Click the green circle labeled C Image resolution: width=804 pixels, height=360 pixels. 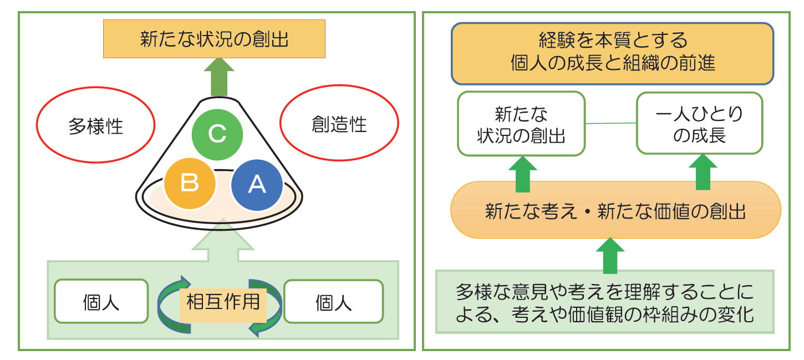(x=217, y=135)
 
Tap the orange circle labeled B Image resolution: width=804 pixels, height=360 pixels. (x=190, y=184)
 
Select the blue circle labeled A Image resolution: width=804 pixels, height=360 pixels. (x=257, y=185)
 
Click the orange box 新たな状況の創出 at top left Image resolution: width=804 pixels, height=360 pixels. (x=214, y=39)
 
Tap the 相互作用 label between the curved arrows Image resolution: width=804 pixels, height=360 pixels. (x=223, y=302)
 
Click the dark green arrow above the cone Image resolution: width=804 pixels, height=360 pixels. (x=219, y=77)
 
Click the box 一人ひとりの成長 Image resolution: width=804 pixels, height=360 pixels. (x=700, y=123)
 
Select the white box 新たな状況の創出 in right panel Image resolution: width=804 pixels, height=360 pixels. (x=522, y=124)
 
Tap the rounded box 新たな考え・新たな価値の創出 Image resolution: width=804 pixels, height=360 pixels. (x=615, y=210)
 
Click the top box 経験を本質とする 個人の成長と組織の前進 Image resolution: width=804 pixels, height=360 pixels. (x=612, y=53)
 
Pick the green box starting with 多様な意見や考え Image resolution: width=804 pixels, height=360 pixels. (x=605, y=302)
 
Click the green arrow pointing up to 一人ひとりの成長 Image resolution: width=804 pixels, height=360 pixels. (x=703, y=173)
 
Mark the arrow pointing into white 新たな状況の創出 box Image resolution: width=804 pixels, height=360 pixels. (x=523, y=174)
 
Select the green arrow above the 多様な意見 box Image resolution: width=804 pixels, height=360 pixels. (x=610, y=256)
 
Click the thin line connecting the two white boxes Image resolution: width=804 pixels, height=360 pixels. (x=611, y=124)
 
